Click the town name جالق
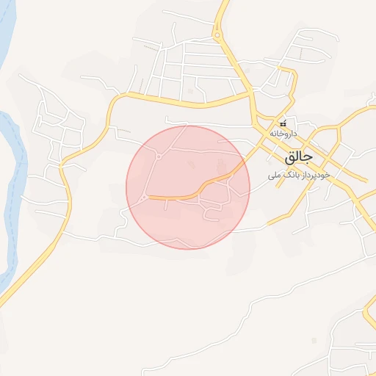coord(298,157)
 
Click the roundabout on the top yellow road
coord(217,34)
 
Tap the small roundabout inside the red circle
coord(159,156)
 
